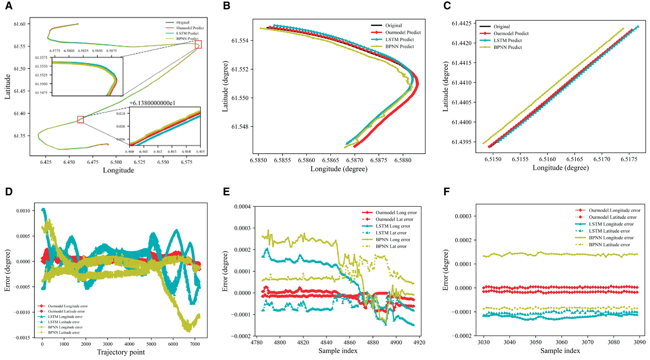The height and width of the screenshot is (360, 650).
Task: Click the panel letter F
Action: (446, 192)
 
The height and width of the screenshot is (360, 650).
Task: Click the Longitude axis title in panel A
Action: (118, 170)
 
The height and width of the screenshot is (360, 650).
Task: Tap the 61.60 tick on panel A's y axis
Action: (19, 24)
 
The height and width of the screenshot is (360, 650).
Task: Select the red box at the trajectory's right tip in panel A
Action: (198, 45)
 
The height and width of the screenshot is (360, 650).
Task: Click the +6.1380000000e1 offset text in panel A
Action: (152, 103)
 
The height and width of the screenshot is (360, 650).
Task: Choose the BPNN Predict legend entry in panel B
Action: (399, 47)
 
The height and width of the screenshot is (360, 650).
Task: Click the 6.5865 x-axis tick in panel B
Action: (331, 160)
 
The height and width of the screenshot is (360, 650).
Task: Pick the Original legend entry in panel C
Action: (501, 26)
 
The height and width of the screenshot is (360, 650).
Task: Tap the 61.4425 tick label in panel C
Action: (461, 23)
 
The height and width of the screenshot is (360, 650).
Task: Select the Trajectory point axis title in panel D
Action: (121, 352)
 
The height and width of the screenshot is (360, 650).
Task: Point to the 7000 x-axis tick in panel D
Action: (195, 344)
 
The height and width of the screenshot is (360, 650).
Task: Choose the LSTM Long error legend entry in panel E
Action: (392, 226)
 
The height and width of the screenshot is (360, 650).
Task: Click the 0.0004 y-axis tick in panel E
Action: (242, 207)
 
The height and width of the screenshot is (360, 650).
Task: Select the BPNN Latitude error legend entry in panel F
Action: (609, 245)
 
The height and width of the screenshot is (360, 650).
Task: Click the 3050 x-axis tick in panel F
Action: (536, 342)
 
